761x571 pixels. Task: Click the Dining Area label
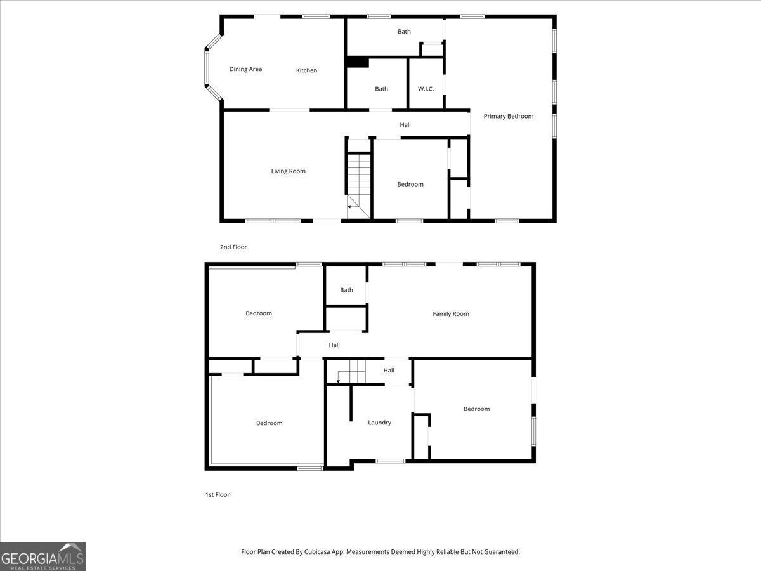pos(245,69)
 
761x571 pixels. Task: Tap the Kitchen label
pos(306,70)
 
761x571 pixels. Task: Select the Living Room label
pos(288,171)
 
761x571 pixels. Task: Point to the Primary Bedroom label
pos(508,116)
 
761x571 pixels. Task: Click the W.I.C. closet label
pos(426,89)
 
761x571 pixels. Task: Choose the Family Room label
pos(450,314)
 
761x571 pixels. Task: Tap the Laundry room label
pos(379,423)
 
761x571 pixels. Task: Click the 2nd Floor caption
pos(233,247)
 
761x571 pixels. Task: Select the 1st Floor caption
pos(217,495)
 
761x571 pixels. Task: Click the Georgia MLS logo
pos(42,556)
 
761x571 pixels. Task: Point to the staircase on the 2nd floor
pos(359,181)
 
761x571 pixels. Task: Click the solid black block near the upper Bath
pos(357,62)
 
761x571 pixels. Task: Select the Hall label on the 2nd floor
pos(405,125)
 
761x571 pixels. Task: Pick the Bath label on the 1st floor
pos(346,291)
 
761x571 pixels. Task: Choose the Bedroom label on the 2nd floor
pos(410,185)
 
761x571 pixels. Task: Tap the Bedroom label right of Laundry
pos(476,409)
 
